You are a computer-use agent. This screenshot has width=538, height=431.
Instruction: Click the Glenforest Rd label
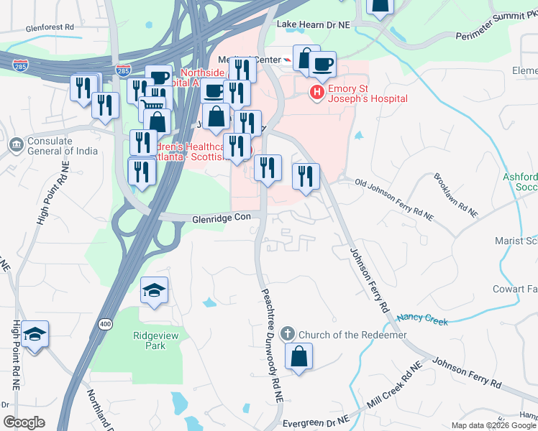[x=50, y=27]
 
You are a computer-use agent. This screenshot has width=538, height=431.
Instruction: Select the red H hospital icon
[x=316, y=91]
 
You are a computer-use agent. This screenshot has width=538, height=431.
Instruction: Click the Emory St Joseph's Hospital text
[x=367, y=93]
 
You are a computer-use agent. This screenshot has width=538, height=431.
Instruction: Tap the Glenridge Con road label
[x=221, y=217]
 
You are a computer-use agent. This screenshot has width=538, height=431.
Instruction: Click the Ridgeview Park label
[x=149, y=340]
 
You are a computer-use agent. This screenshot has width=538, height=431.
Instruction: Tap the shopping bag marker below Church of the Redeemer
[x=298, y=356]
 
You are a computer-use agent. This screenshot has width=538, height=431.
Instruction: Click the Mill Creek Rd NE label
[x=394, y=390]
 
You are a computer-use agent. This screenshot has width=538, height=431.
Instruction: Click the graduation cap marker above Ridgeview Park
[x=154, y=290]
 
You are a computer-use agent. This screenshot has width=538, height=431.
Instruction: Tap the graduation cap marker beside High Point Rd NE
[x=35, y=334]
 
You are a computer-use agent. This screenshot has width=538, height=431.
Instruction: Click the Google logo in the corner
[x=24, y=422]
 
